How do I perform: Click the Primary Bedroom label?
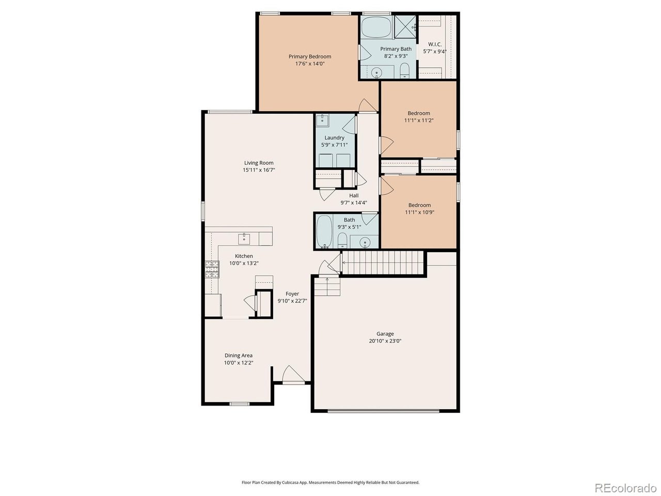tap(309, 56)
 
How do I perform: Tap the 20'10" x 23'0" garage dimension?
tap(385, 341)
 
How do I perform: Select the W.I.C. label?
tap(434, 44)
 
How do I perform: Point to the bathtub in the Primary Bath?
tap(376, 27)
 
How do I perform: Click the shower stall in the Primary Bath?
tap(405, 27)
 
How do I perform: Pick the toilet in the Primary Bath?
tap(404, 70)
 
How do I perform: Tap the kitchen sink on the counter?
tap(244, 239)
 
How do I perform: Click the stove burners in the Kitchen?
tap(212, 269)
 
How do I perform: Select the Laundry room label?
tap(334, 137)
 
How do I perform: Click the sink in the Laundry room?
tap(322, 119)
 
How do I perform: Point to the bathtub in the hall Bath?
tap(324, 231)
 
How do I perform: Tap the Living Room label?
tap(259, 163)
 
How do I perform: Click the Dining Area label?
tap(239, 355)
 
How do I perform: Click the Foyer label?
tap(292, 293)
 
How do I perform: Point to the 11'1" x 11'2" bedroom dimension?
tap(419, 120)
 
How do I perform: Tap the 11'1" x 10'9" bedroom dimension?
tap(419, 212)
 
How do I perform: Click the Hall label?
tap(354, 195)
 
